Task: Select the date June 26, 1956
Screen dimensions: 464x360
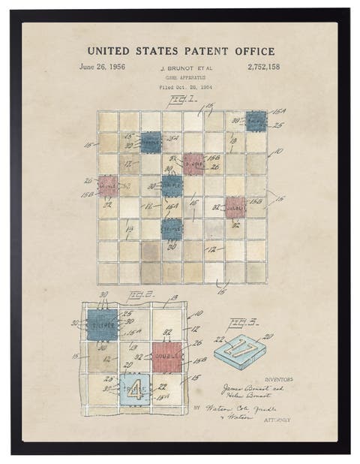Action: pos(102,67)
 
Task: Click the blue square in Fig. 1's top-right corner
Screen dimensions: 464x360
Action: pos(256,120)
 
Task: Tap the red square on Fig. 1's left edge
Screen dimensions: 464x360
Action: pos(108,185)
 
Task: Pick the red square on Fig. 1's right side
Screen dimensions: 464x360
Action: pos(235,206)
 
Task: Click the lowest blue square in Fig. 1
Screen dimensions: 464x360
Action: pos(172,227)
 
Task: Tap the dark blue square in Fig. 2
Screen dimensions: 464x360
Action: pos(102,325)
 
